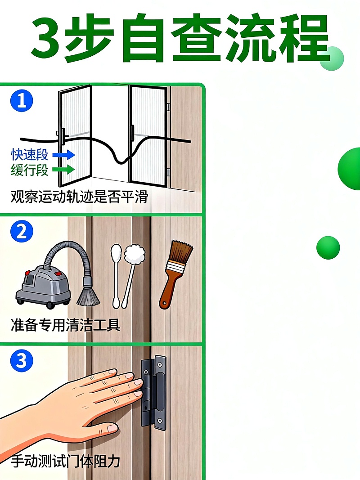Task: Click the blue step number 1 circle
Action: click(x=22, y=100)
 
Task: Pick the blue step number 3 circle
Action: click(x=22, y=361)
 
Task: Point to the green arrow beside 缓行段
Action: click(x=63, y=170)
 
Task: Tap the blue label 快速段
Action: click(x=29, y=155)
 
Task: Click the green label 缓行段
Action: click(x=29, y=170)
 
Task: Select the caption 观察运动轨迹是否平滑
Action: click(x=79, y=197)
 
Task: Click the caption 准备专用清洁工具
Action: click(x=65, y=325)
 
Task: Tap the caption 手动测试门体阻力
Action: click(x=65, y=461)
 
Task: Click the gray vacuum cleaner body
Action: click(x=43, y=283)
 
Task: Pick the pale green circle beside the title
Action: click(x=332, y=58)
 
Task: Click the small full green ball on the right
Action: click(x=328, y=247)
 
